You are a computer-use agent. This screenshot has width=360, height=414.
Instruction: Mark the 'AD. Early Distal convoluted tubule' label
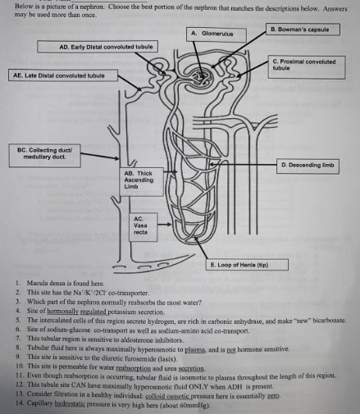[97, 48]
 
